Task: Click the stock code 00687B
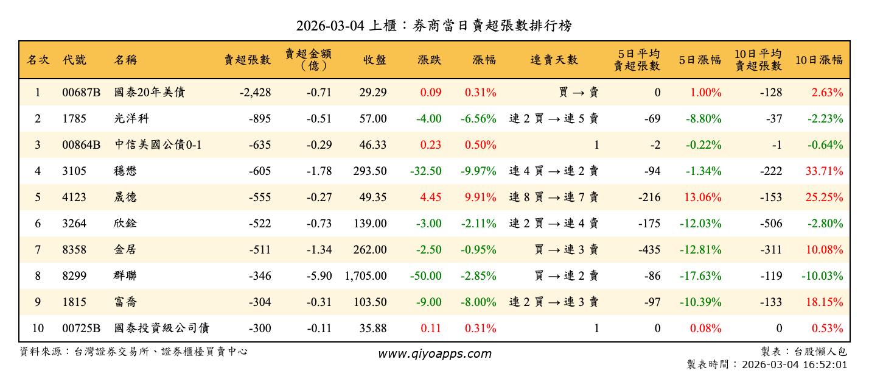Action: tap(81, 93)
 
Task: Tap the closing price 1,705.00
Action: tap(366, 276)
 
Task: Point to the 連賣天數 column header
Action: tap(554, 60)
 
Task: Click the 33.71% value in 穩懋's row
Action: tap(825, 171)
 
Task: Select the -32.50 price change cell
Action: tap(425, 171)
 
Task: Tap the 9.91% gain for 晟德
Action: tap(480, 197)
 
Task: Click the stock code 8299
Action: tap(74, 276)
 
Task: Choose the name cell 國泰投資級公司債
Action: tap(162, 329)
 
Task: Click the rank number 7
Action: tap(38, 250)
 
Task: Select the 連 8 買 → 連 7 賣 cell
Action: tap(554, 197)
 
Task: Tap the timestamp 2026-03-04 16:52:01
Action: tap(795, 364)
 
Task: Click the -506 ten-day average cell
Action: tap(771, 224)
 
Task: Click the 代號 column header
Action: tap(74, 60)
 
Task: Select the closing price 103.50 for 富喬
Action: tap(369, 302)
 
